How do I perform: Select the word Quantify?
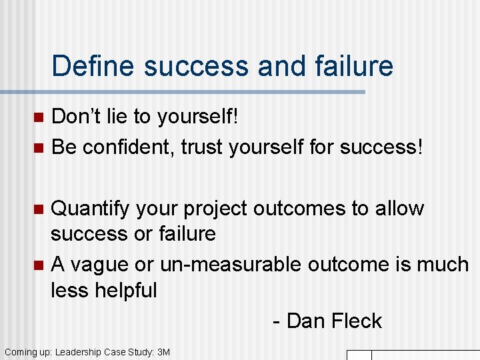click(x=91, y=209)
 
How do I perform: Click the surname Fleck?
click(x=355, y=321)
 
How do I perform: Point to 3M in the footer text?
click(x=163, y=352)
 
